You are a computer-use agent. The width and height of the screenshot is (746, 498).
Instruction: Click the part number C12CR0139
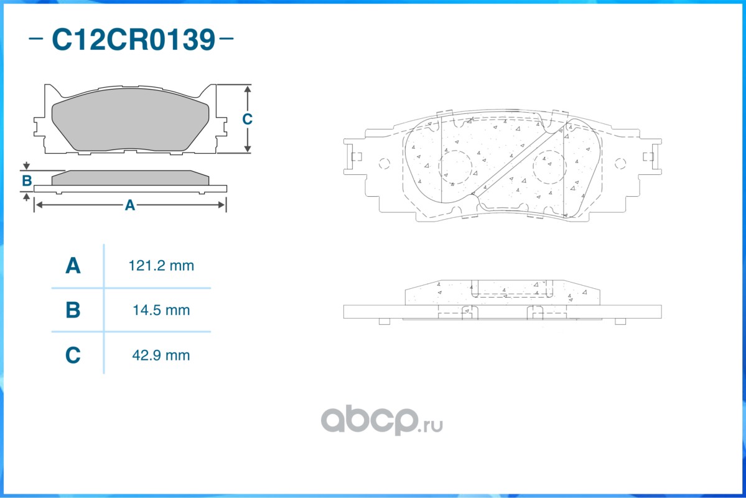point(133,40)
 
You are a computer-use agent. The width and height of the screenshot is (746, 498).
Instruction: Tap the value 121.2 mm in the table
point(161,266)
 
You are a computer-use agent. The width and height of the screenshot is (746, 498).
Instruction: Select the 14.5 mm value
point(161,310)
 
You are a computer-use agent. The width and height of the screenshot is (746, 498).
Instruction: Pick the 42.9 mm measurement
point(161,355)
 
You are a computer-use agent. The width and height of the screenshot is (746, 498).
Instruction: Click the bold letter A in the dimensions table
point(73,266)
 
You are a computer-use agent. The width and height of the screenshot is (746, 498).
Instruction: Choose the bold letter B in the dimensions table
point(73,310)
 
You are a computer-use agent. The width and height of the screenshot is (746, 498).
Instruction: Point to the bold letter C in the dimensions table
point(73,355)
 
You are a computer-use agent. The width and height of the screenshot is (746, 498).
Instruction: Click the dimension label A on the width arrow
point(129,205)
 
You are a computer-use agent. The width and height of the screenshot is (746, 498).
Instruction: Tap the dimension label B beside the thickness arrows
point(27,181)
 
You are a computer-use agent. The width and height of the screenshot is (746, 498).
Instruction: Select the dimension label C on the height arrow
point(247,119)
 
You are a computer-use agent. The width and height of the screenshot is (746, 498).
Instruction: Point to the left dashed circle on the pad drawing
point(455,167)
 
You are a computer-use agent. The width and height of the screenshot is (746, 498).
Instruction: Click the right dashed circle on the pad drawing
point(550,167)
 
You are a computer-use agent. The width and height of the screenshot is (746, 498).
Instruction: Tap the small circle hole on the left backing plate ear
point(384,164)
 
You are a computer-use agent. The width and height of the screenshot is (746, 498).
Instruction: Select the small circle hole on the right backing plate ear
point(620,164)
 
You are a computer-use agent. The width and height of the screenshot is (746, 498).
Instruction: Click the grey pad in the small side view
point(129,178)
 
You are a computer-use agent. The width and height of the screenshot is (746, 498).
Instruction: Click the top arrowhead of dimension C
point(248,90)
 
